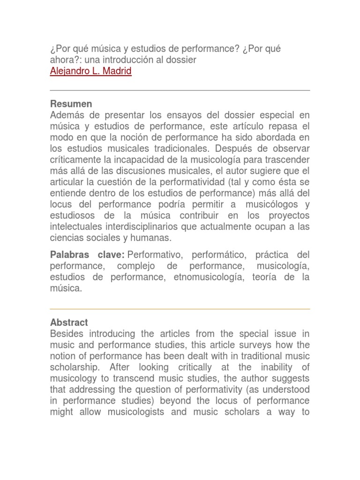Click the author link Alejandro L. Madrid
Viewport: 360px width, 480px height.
[x=90, y=72]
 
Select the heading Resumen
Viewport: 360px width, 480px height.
[x=71, y=104]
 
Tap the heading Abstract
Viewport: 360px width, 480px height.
[x=69, y=322]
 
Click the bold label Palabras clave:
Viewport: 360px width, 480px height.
[x=87, y=255]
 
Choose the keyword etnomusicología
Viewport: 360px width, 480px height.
[x=210, y=277]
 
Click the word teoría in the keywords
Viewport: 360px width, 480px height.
[x=267, y=277]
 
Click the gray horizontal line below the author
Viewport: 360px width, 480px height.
[x=180, y=90]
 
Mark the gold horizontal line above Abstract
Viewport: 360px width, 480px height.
[x=180, y=309]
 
